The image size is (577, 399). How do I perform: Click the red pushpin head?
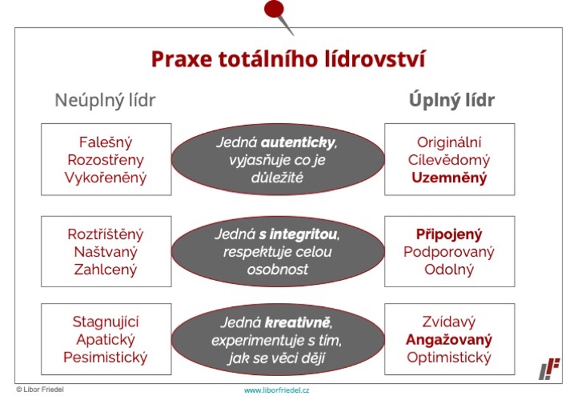pos(274,9)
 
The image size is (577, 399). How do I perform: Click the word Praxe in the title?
pos(181,59)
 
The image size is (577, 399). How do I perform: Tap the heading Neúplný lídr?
pos(105,100)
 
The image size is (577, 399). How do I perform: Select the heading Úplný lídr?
pos(452,100)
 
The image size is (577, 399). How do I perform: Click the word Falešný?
pos(105,142)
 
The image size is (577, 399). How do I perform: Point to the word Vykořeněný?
pos(105,178)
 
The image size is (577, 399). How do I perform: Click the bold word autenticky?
pos(297,142)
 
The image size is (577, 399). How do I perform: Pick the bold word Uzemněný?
pos(449,178)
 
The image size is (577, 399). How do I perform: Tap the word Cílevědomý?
pos(449,160)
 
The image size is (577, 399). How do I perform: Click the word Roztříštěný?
pos(105,234)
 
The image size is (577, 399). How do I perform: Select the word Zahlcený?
pos(105,269)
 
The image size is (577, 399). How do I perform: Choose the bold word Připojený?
pos(449,234)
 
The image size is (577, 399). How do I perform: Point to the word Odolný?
pos(449,269)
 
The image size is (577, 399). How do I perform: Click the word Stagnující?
pos(105,321)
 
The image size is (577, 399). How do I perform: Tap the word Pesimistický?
pos(105,357)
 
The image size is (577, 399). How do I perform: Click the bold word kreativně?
pos(297,323)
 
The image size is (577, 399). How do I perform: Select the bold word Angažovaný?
pos(449,339)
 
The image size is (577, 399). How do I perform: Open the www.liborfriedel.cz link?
pos(276,390)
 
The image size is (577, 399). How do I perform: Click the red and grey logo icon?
pos(550,369)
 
